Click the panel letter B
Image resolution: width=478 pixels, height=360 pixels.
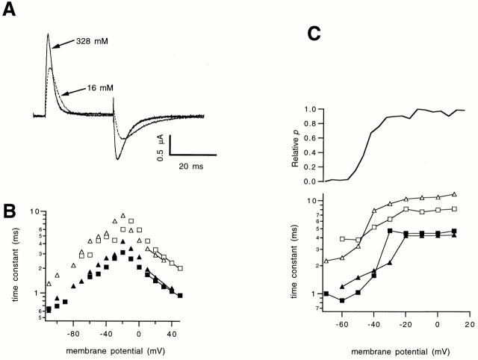(10, 210)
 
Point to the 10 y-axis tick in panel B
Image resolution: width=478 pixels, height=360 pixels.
(34, 211)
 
